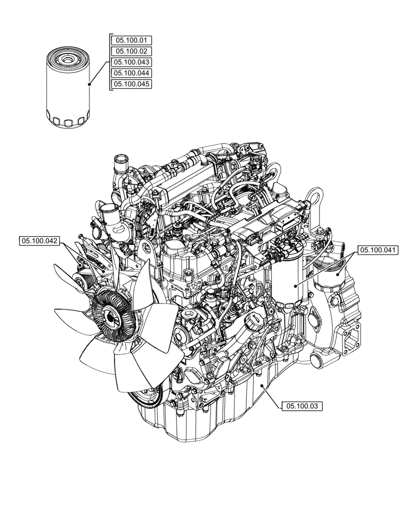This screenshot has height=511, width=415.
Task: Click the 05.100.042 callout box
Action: point(39,240)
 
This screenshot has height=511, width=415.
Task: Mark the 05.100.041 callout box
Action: point(378,250)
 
